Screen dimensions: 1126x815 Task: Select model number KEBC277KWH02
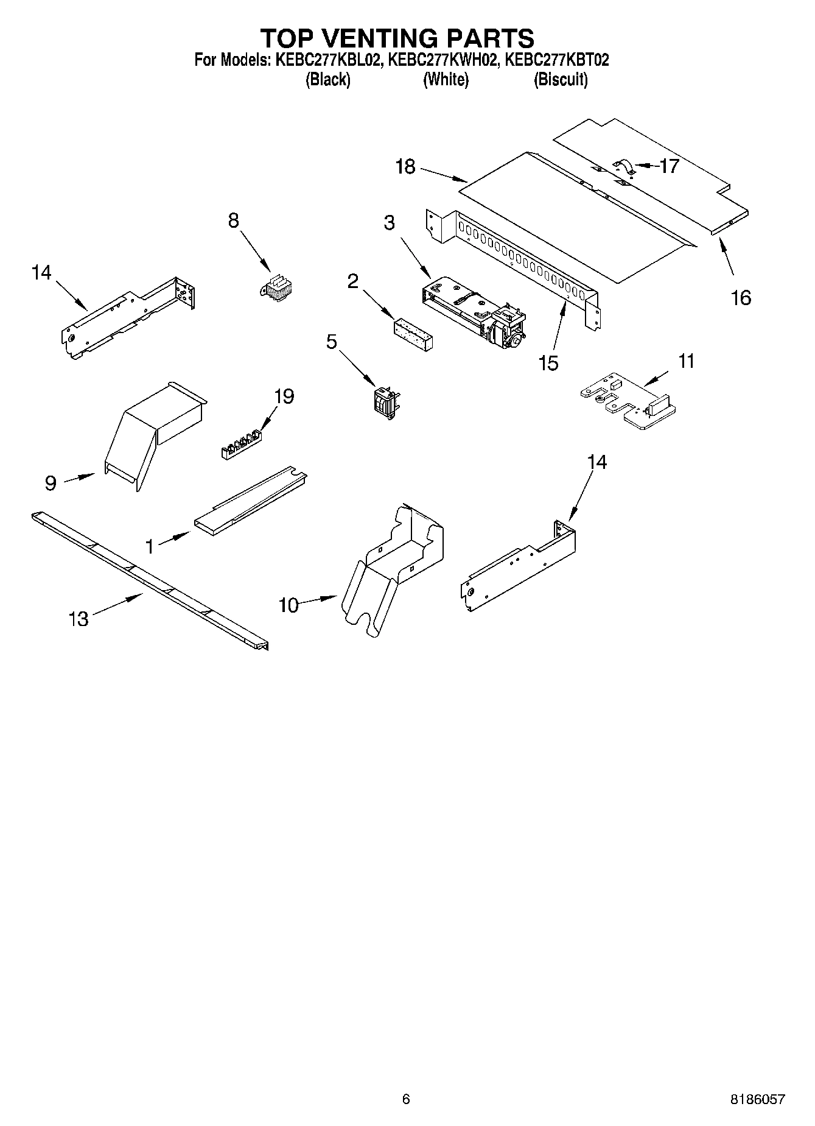[443, 60]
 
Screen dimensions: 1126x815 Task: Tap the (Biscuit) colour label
[561, 79]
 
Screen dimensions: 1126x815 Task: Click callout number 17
[670, 166]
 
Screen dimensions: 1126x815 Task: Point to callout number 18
[405, 166]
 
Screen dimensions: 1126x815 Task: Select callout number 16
[741, 298]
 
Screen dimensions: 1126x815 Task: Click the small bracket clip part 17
[624, 167]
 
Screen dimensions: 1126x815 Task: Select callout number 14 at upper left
[41, 273]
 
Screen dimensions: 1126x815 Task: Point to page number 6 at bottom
[406, 1099]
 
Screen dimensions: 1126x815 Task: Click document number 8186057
[757, 1100]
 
